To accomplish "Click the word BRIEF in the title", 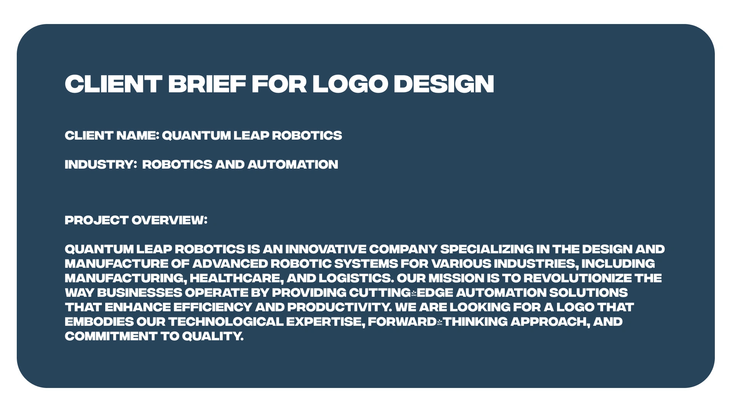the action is click(x=207, y=84).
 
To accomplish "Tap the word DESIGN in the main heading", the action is click(x=443, y=84).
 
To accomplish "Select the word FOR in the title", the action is click(x=279, y=84).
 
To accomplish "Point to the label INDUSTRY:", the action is click(x=101, y=164).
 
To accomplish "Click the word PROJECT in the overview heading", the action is click(x=96, y=220).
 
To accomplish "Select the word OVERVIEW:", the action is click(x=169, y=220).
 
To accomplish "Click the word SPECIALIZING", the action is click(x=486, y=249).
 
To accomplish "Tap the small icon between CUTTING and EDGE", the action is click(x=414, y=293).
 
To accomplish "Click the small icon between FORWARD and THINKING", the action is click(x=440, y=322).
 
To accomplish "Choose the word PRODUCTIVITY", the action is click(x=339, y=307).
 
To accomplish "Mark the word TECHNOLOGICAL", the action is click(x=226, y=322).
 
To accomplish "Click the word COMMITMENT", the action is click(x=111, y=336).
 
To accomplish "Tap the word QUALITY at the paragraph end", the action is click(x=212, y=336).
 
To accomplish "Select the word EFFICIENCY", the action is click(x=213, y=307).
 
